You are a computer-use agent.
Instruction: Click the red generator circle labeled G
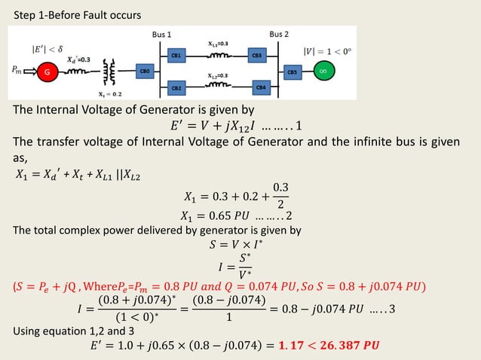[x=47, y=72]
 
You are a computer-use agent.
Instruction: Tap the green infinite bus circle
[x=322, y=72]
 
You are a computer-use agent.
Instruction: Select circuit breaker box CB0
[x=146, y=72]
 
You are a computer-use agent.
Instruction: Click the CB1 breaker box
[x=176, y=56]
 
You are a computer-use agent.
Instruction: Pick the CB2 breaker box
[x=176, y=88]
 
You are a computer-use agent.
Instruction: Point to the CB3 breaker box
[x=257, y=56]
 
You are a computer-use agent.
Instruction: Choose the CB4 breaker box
[x=260, y=87]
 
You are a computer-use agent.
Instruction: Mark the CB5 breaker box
[x=292, y=72]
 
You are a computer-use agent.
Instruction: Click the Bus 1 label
[x=162, y=35]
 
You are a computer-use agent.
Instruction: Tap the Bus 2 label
[x=280, y=35]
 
